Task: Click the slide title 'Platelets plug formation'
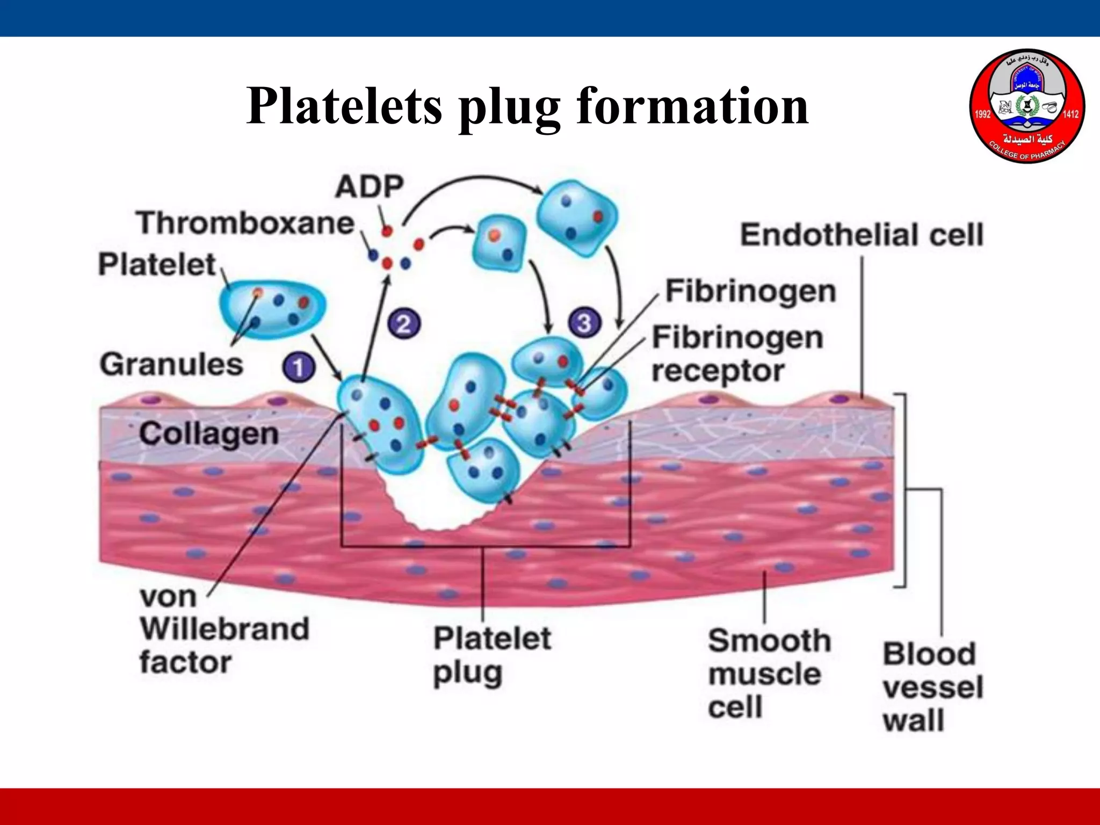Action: coord(527,106)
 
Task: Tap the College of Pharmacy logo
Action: coord(1027,106)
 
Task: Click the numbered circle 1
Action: coord(298,367)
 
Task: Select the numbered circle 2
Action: coord(404,323)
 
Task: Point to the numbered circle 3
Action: coord(584,322)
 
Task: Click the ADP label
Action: coord(369,187)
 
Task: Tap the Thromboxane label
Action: coord(245,223)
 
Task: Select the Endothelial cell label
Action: coord(862,235)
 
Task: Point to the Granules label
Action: coord(171,364)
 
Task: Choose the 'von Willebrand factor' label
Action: coord(224,629)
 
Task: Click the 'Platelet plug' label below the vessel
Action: coord(491,655)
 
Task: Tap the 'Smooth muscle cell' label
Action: coord(769,674)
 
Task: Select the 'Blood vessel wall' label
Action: coord(932,687)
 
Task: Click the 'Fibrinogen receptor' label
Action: coord(736,354)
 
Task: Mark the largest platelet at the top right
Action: coord(577,216)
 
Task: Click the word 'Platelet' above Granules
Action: coord(157,264)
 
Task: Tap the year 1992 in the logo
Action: coord(982,114)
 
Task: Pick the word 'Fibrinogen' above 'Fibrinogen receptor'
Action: coord(750,292)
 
